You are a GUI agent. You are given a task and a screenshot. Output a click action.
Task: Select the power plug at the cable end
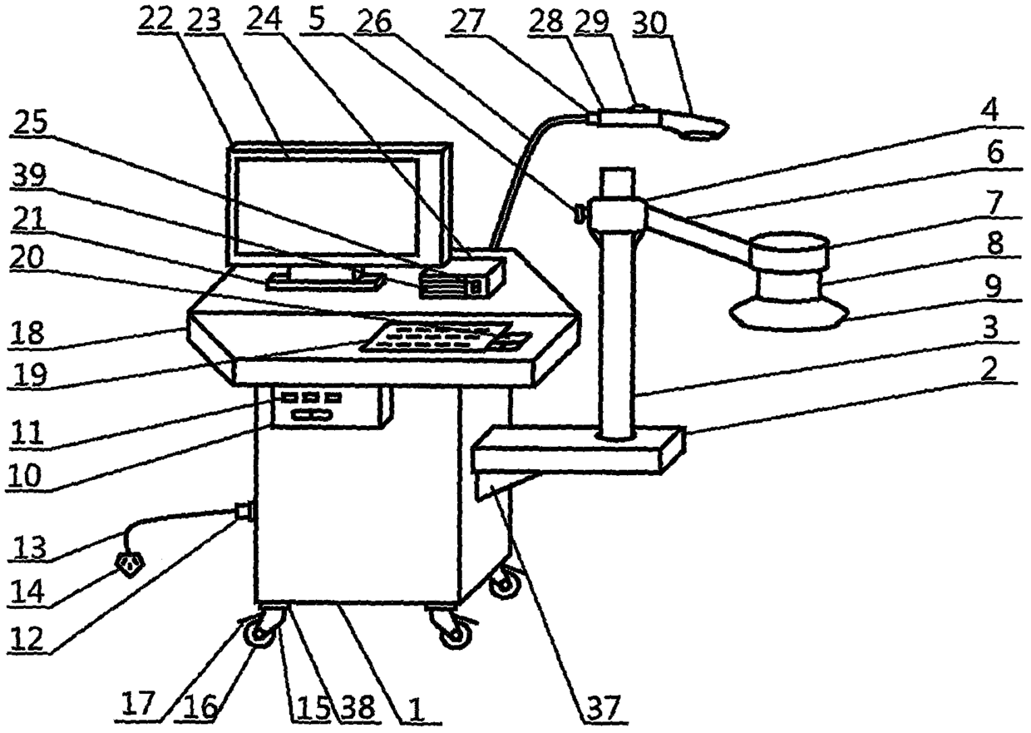[x=130, y=564]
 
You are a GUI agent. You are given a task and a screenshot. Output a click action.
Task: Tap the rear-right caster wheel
[x=501, y=582]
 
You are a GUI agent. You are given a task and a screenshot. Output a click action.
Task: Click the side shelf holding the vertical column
[x=577, y=449]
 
